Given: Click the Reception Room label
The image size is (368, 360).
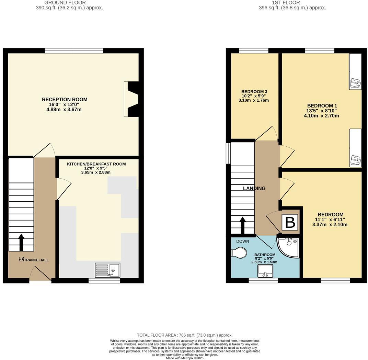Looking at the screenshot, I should coord(65,100).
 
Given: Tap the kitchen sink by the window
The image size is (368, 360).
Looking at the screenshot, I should coord(107,270).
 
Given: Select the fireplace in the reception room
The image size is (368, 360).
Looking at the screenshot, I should coord(132,99).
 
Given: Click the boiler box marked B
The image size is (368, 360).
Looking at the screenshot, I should coord(290,223).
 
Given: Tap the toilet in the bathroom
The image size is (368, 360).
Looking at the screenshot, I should coord(239,253).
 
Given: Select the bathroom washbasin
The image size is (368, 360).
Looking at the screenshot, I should coord(265,271).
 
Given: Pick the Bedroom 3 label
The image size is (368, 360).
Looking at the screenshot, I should coord(253,91).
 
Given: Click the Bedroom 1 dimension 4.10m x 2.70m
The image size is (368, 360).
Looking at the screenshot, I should coord(321,116).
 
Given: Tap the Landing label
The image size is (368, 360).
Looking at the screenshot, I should coord(254,189).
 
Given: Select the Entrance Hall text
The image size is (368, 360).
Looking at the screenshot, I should coord(34,260).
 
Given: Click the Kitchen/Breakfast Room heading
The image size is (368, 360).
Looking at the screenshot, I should coord(96,164).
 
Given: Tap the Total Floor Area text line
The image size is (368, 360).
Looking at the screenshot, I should coord(184,335).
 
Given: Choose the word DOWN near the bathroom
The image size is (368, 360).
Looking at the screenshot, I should coord(242,241).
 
